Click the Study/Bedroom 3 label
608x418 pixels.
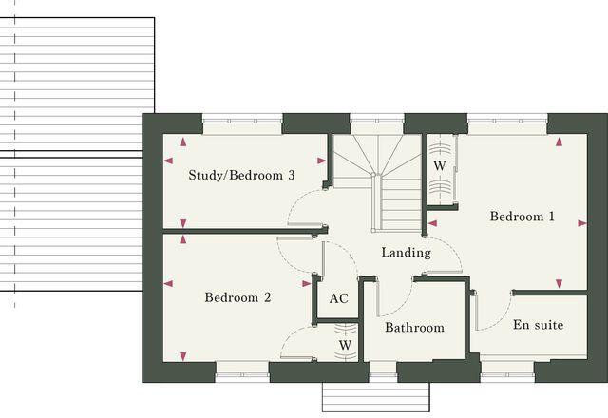(x=241, y=176)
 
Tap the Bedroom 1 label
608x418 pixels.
(x=522, y=217)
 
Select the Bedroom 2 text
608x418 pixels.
(x=238, y=298)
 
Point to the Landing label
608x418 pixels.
(x=406, y=253)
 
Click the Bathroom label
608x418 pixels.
(x=414, y=328)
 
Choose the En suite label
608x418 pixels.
(x=538, y=325)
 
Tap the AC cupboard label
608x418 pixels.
(x=338, y=298)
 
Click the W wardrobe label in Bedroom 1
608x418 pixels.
(x=440, y=165)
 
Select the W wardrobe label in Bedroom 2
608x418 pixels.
(x=345, y=344)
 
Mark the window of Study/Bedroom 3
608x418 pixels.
(x=241, y=120)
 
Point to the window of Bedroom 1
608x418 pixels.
(x=506, y=120)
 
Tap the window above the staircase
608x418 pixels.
(x=377, y=120)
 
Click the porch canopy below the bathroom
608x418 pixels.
(x=377, y=396)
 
